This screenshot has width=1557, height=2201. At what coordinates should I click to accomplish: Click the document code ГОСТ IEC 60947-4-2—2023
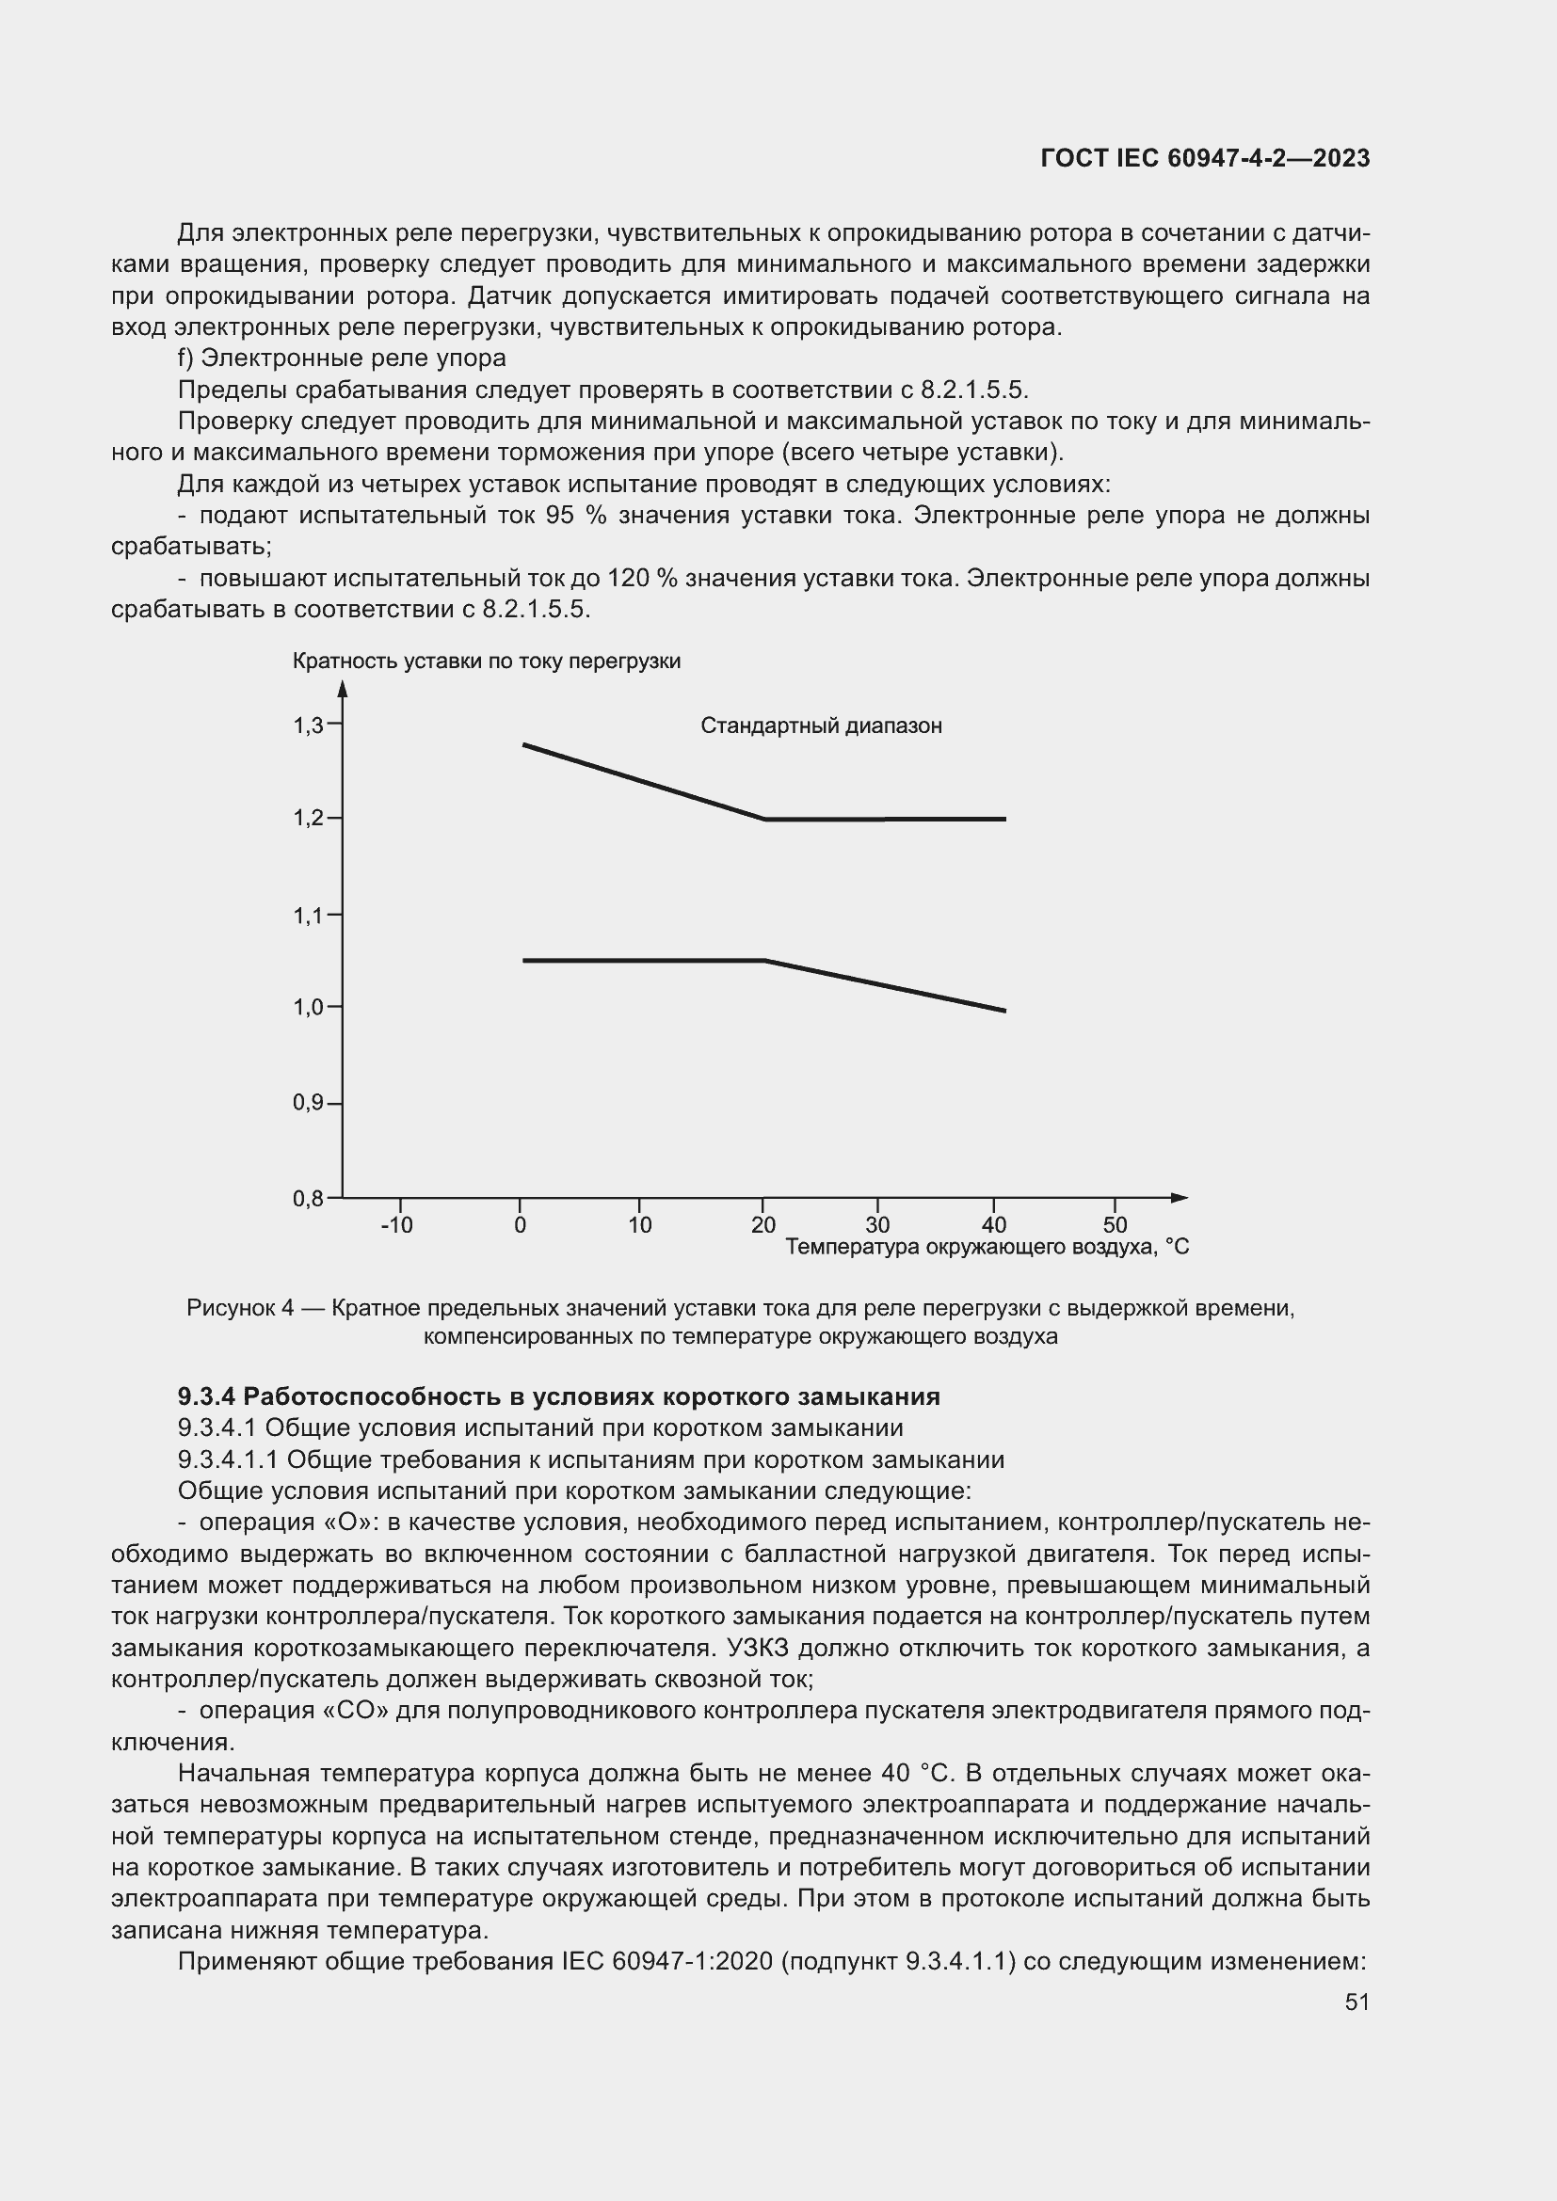1205,159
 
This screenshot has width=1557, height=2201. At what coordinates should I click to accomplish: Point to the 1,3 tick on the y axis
308,726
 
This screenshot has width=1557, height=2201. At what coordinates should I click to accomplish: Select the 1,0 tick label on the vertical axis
308,1008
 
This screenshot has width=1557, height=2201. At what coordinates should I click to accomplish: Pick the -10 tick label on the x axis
396,1226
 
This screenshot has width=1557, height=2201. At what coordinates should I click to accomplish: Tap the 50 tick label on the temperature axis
1115,1226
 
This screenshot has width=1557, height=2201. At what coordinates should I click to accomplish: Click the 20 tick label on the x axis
763,1226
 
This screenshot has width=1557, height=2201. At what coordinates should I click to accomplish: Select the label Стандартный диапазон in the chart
821,726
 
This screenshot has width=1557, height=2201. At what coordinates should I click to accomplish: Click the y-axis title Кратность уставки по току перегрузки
486,662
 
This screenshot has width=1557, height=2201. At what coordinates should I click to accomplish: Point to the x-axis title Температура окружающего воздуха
986,1247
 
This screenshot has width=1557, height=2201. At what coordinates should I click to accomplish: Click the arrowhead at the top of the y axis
343,687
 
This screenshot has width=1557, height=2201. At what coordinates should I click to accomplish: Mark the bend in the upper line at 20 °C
764,819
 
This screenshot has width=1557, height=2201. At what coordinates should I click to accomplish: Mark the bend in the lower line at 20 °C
764,960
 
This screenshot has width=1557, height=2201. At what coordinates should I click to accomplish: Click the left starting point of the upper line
524,745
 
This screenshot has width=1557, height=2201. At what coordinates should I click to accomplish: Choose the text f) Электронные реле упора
343,359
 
